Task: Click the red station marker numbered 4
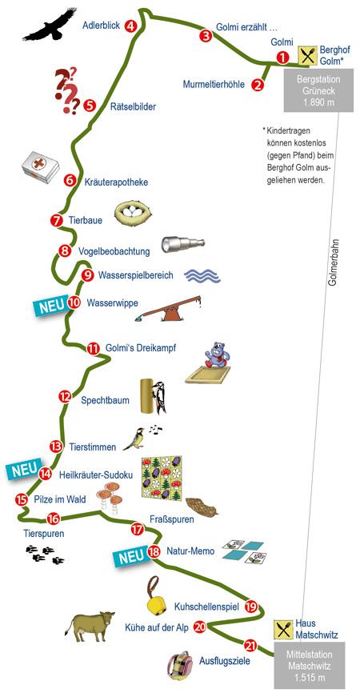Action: point(130,26)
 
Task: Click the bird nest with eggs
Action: point(133,214)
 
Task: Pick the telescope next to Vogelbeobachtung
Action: point(183,243)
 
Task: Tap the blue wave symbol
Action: point(202,275)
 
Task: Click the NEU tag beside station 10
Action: point(50,306)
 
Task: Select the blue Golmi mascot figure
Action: point(216,355)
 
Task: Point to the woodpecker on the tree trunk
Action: point(158,397)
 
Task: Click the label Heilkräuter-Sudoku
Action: point(96,475)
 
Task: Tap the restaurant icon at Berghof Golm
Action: point(307,56)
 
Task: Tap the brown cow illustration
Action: point(90,626)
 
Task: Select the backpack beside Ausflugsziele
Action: point(180,665)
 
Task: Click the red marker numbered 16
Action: point(53,518)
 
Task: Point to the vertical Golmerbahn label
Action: point(334,262)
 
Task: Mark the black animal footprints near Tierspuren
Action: point(45,555)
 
